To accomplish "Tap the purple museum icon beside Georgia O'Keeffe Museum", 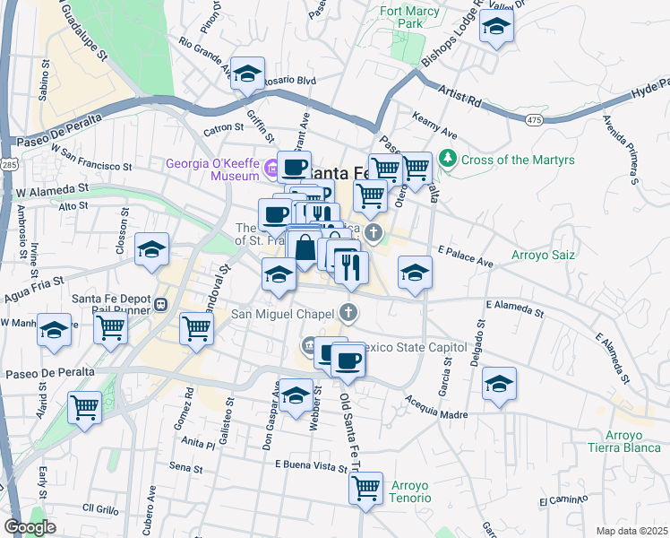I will click(x=268, y=162).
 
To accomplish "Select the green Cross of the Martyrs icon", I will click(x=449, y=161).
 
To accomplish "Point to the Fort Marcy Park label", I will click(x=401, y=17).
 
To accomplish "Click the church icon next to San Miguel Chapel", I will click(x=349, y=313).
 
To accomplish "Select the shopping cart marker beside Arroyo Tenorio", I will click(x=365, y=489).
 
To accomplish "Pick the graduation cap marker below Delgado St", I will click(x=499, y=383).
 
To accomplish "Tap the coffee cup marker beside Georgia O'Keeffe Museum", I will click(x=294, y=166).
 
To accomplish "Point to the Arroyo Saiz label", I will click(x=542, y=256).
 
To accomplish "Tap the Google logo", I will click(x=30, y=527).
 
